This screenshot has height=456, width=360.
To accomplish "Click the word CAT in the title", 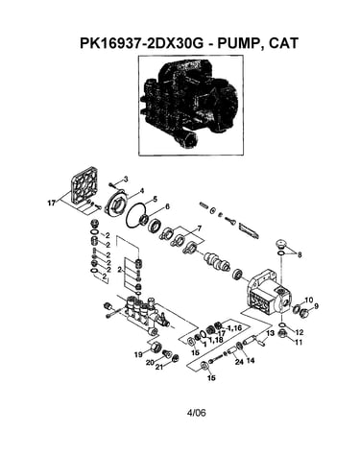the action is pyautogui.click(x=283, y=43).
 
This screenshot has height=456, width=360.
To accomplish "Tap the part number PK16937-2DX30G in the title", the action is pyautogui.click(x=142, y=43).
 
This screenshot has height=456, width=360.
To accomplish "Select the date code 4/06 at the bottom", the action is pyautogui.click(x=196, y=413).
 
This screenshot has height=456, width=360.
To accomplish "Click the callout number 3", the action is pyautogui.click(x=126, y=180).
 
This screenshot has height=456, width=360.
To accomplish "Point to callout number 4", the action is pyautogui.click(x=142, y=191).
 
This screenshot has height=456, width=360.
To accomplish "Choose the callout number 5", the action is pyautogui.click(x=155, y=199).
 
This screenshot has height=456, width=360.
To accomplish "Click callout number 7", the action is pyautogui.click(x=199, y=228).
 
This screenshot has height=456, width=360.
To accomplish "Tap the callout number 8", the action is pyautogui.click(x=300, y=255).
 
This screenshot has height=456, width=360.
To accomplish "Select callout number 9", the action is pyautogui.click(x=316, y=306).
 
